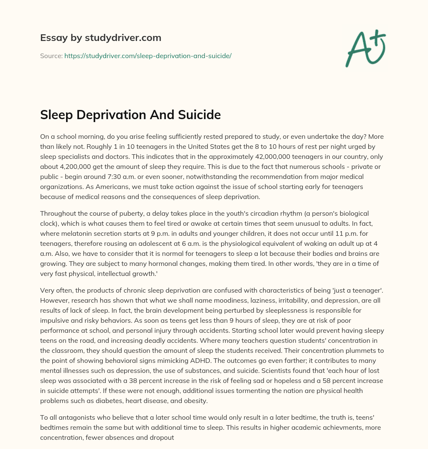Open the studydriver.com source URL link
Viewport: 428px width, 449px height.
148,56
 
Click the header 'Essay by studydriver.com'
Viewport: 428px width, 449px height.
100,38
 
